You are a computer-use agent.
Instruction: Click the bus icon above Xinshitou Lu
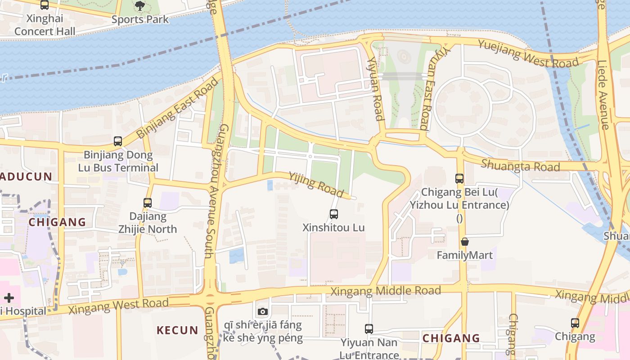tap(334, 214)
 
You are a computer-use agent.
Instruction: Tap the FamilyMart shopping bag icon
tap(465, 242)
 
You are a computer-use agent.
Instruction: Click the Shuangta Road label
tap(520, 166)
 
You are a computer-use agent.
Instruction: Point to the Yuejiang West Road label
tap(528, 54)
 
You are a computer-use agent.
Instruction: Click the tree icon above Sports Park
tap(140, 6)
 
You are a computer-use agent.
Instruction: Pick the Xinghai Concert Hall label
tap(45, 25)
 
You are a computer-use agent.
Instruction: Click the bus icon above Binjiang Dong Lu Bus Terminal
tap(118, 141)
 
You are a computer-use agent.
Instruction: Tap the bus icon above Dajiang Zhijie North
tap(148, 203)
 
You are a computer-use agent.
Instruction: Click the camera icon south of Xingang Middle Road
tap(263, 311)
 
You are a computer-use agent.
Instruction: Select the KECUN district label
tap(177, 330)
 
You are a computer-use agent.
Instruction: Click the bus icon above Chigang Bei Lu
tap(459, 179)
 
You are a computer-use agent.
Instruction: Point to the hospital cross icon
tap(9, 298)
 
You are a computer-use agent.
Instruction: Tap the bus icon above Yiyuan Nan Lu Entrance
tap(369, 329)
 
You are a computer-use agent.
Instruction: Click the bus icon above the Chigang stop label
tap(575, 323)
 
